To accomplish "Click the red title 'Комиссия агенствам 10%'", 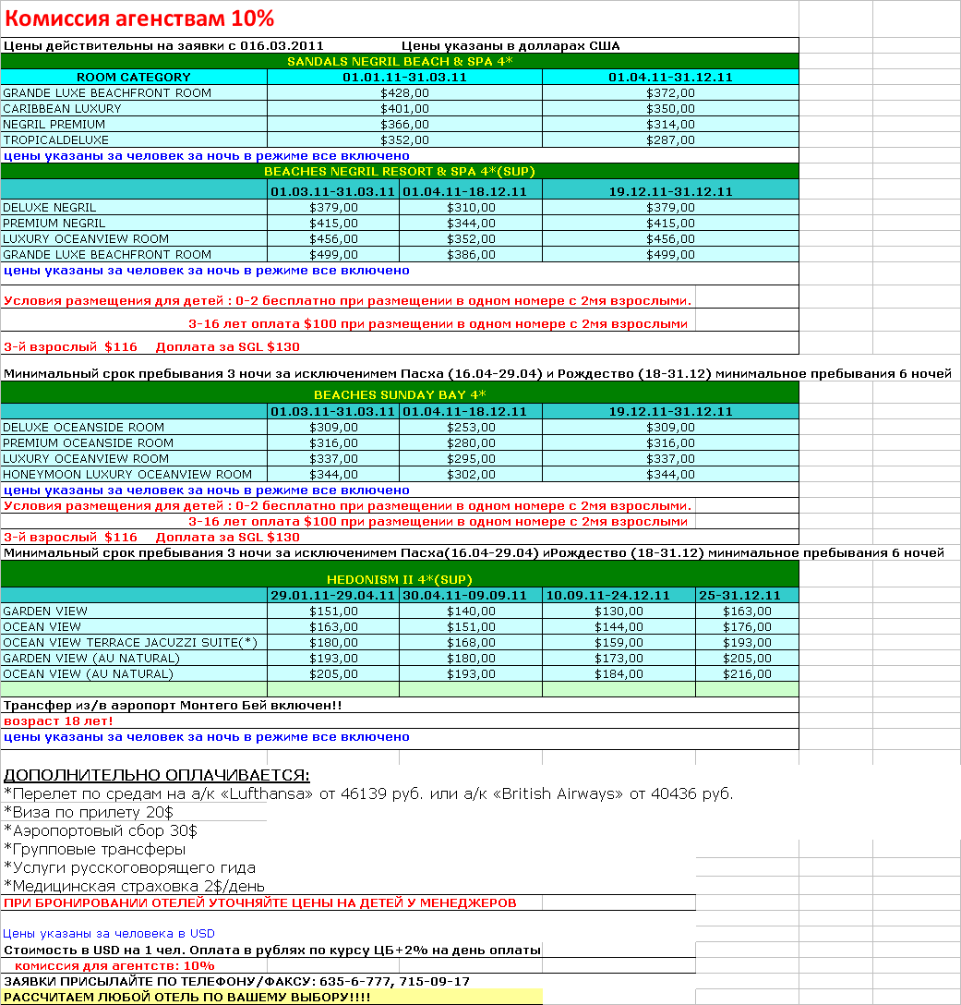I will tap(139, 18).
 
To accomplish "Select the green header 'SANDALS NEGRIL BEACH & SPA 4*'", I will tap(400, 61).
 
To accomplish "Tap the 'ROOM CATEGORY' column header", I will tap(134, 77).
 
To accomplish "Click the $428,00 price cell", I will tap(404, 92).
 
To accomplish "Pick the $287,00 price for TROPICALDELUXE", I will tap(670, 139).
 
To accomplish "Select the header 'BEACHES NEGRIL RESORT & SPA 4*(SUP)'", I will tap(400, 171).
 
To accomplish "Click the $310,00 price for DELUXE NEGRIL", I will tap(471, 207).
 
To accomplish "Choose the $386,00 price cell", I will tap(471, 254).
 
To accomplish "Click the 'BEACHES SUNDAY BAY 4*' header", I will tap(400, 394).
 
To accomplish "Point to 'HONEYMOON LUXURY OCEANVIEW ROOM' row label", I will tap(127, 474).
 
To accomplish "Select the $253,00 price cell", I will tap(471, 427).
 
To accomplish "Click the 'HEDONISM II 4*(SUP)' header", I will tap(400, 579).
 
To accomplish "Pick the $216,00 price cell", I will tap(747, 673).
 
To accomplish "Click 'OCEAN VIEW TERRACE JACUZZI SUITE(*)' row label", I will tap(130, 642).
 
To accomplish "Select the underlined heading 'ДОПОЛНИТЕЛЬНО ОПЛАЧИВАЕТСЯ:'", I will tap(157, 774).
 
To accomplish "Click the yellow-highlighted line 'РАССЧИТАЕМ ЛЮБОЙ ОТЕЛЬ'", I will tap(189, 998).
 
